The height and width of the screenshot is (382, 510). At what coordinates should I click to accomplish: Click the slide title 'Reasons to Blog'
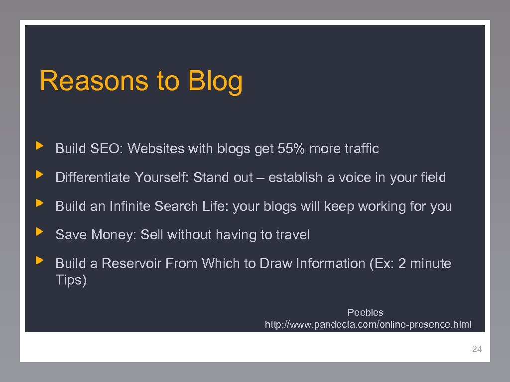pos(141,81)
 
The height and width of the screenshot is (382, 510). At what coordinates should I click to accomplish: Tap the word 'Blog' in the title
pos(216,81)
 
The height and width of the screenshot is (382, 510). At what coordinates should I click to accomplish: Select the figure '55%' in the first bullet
pos(291,149)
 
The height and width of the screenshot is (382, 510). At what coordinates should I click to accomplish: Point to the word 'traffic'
pos(361,149)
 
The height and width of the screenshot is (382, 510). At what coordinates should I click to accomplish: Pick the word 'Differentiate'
pos(93,178)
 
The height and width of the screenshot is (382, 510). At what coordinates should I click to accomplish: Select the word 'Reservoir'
pos(131,264)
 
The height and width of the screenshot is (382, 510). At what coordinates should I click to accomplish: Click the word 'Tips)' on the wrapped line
pos(71,280)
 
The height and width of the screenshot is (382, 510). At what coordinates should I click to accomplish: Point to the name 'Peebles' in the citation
pos(365,312)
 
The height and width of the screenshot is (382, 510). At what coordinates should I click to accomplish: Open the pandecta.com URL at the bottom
pos(368,325)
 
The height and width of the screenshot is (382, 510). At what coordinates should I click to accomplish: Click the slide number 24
pos(477,349)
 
